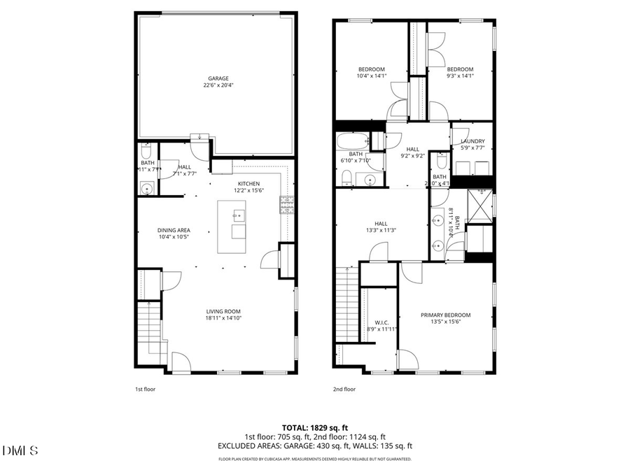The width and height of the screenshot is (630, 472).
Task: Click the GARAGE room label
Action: pyautogui.click(x=218, y=78)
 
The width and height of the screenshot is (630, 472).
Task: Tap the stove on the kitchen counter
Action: pyautogui.click(x=287, y=203)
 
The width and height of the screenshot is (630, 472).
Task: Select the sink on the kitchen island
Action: pyautogui.click(x=238, y=215)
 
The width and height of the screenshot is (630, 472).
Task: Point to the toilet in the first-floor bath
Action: pyautogui.click(x=146, y=152)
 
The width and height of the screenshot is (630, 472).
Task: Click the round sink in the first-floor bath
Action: pyautogui.click(x=147, y=187)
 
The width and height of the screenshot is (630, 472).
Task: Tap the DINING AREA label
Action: pyautogui.click(x=174, y=230)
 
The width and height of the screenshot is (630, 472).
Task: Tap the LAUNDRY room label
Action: pyautogui.click(x=472, y=141)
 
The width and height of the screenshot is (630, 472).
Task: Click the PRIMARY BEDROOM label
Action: pyautogui.click(x=445, y=315)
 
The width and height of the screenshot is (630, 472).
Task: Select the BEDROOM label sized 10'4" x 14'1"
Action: pyautogui.click(x=371, y=69)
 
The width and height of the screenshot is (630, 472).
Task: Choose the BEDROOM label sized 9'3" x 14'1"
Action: pyautogui.click(x=460, y=69)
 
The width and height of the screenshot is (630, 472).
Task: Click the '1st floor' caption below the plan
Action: pyautogui.click(x=146, y=389)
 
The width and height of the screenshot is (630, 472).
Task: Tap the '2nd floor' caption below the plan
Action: pyautogui.click(x=344, y=389)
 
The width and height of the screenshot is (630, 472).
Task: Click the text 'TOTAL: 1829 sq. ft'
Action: pyautogui.click(x=314, y=427)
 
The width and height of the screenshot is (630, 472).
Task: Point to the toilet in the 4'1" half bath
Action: pyautogui.click(x=442, y=162)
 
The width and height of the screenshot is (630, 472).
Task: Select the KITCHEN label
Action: pyautogui.click(x=248, y=183)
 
